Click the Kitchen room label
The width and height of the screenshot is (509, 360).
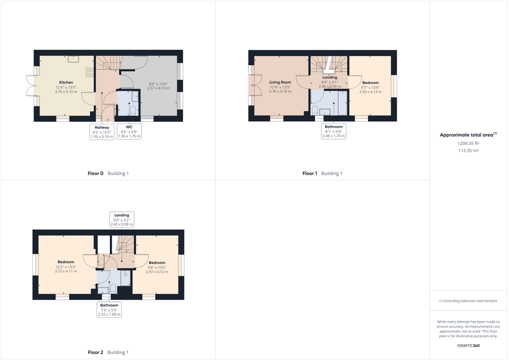point(66,83)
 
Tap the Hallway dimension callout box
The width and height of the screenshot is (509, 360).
point(102,132)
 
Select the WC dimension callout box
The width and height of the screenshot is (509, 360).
point(129,132)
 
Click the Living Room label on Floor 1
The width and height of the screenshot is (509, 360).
point(280,83)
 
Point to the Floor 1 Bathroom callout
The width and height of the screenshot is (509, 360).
point(334,131)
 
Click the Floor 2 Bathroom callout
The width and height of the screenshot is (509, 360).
point(109,310)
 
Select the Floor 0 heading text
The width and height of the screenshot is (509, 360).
point(95,174)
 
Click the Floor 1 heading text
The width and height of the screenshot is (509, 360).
point(309,174)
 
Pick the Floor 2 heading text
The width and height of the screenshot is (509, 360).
point(95,353)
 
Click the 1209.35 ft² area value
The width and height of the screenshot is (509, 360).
point(468,143)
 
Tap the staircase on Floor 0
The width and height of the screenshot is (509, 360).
point(108,63)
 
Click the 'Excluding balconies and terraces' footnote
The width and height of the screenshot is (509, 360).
point(468,301)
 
